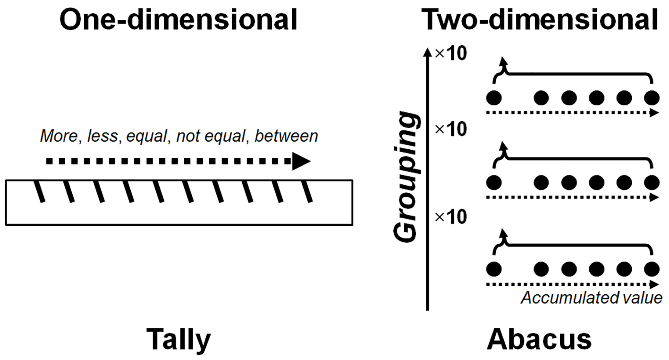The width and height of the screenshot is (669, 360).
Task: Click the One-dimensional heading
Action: point(178,20)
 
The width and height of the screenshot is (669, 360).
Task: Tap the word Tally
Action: point(179,340)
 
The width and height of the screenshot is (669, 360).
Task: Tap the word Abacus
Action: point(539,339)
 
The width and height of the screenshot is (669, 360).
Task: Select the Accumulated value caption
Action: point(592,298)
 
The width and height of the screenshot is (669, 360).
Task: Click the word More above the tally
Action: point(59,136)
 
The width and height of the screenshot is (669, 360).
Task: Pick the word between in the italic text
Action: point(286,136)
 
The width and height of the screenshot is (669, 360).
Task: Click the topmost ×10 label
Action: point(450,54)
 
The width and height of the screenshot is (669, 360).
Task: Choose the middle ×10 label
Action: point(450,129)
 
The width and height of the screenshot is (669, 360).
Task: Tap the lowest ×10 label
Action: point(450,217)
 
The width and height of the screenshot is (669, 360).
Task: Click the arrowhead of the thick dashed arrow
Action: point(301,161)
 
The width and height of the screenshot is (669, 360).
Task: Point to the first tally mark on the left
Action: point(40,192)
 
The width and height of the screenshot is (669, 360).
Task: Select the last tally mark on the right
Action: point(307,192)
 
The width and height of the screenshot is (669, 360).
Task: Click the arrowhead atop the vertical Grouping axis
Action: point(428,52)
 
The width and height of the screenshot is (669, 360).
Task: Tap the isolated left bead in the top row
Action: point(494,98)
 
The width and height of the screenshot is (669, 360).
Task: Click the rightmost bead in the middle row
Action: point(652,182)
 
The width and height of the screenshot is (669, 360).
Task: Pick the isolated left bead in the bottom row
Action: point(494,269)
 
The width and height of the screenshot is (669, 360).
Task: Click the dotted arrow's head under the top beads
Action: point(654,113)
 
